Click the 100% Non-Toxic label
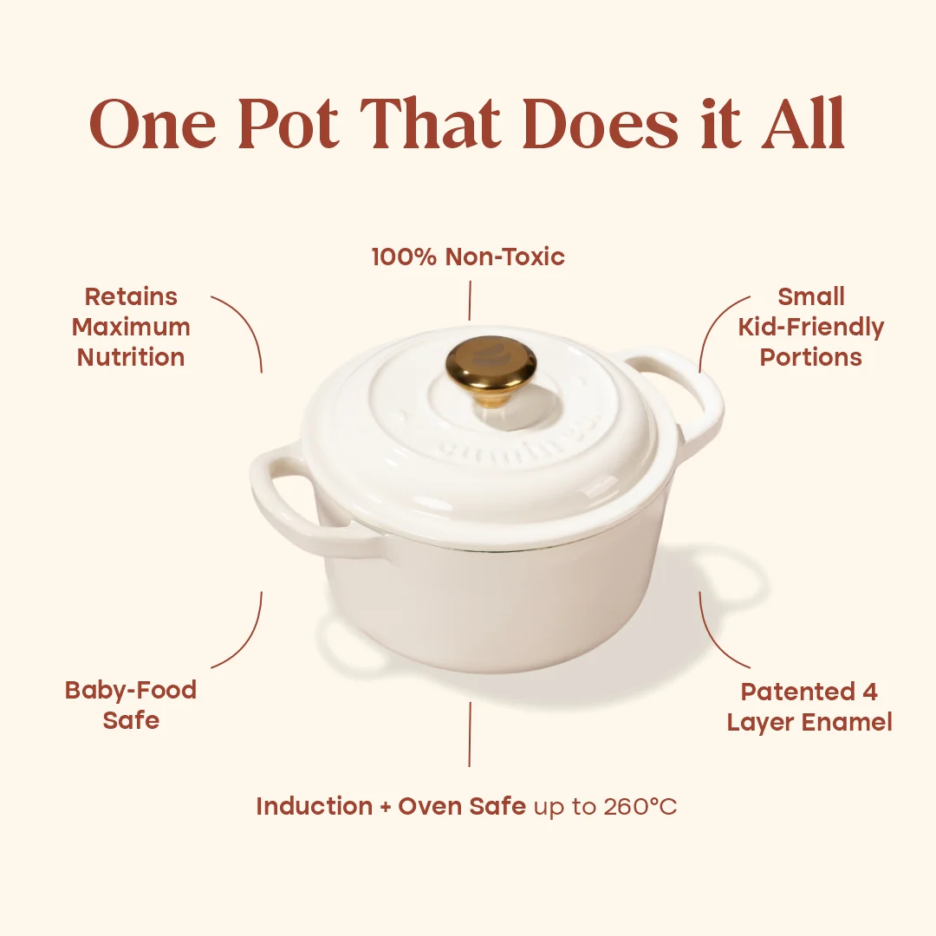(x=468, y=257)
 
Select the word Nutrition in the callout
(x=131, y=357)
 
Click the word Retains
(x=131, y=296)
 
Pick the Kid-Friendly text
(x=811, y=328)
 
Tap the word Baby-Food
(x=131, y=690)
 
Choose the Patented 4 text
(x=809, y=692)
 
